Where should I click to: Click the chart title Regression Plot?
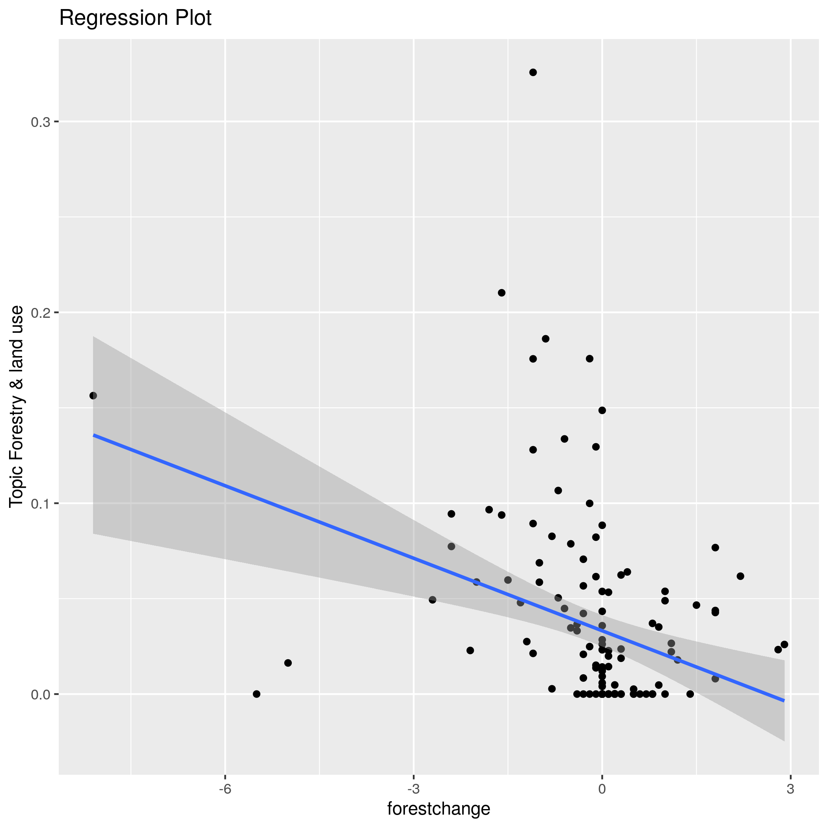point(135,19)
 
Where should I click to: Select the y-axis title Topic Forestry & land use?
point(16,406)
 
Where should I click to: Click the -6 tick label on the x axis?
point(225,789)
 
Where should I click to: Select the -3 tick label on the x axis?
point(413,789)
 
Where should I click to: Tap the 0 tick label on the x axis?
point(602,789)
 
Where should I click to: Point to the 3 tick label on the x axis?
point(790,789)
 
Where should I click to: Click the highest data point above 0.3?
point(533,73)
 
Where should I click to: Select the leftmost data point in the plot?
point(93,395)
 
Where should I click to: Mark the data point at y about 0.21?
point(502,293)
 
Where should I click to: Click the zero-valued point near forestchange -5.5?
point(256,694)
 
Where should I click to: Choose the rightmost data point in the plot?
point(784,645)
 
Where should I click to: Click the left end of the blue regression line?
point(94,435)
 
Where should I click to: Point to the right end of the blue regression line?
point(784,701)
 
